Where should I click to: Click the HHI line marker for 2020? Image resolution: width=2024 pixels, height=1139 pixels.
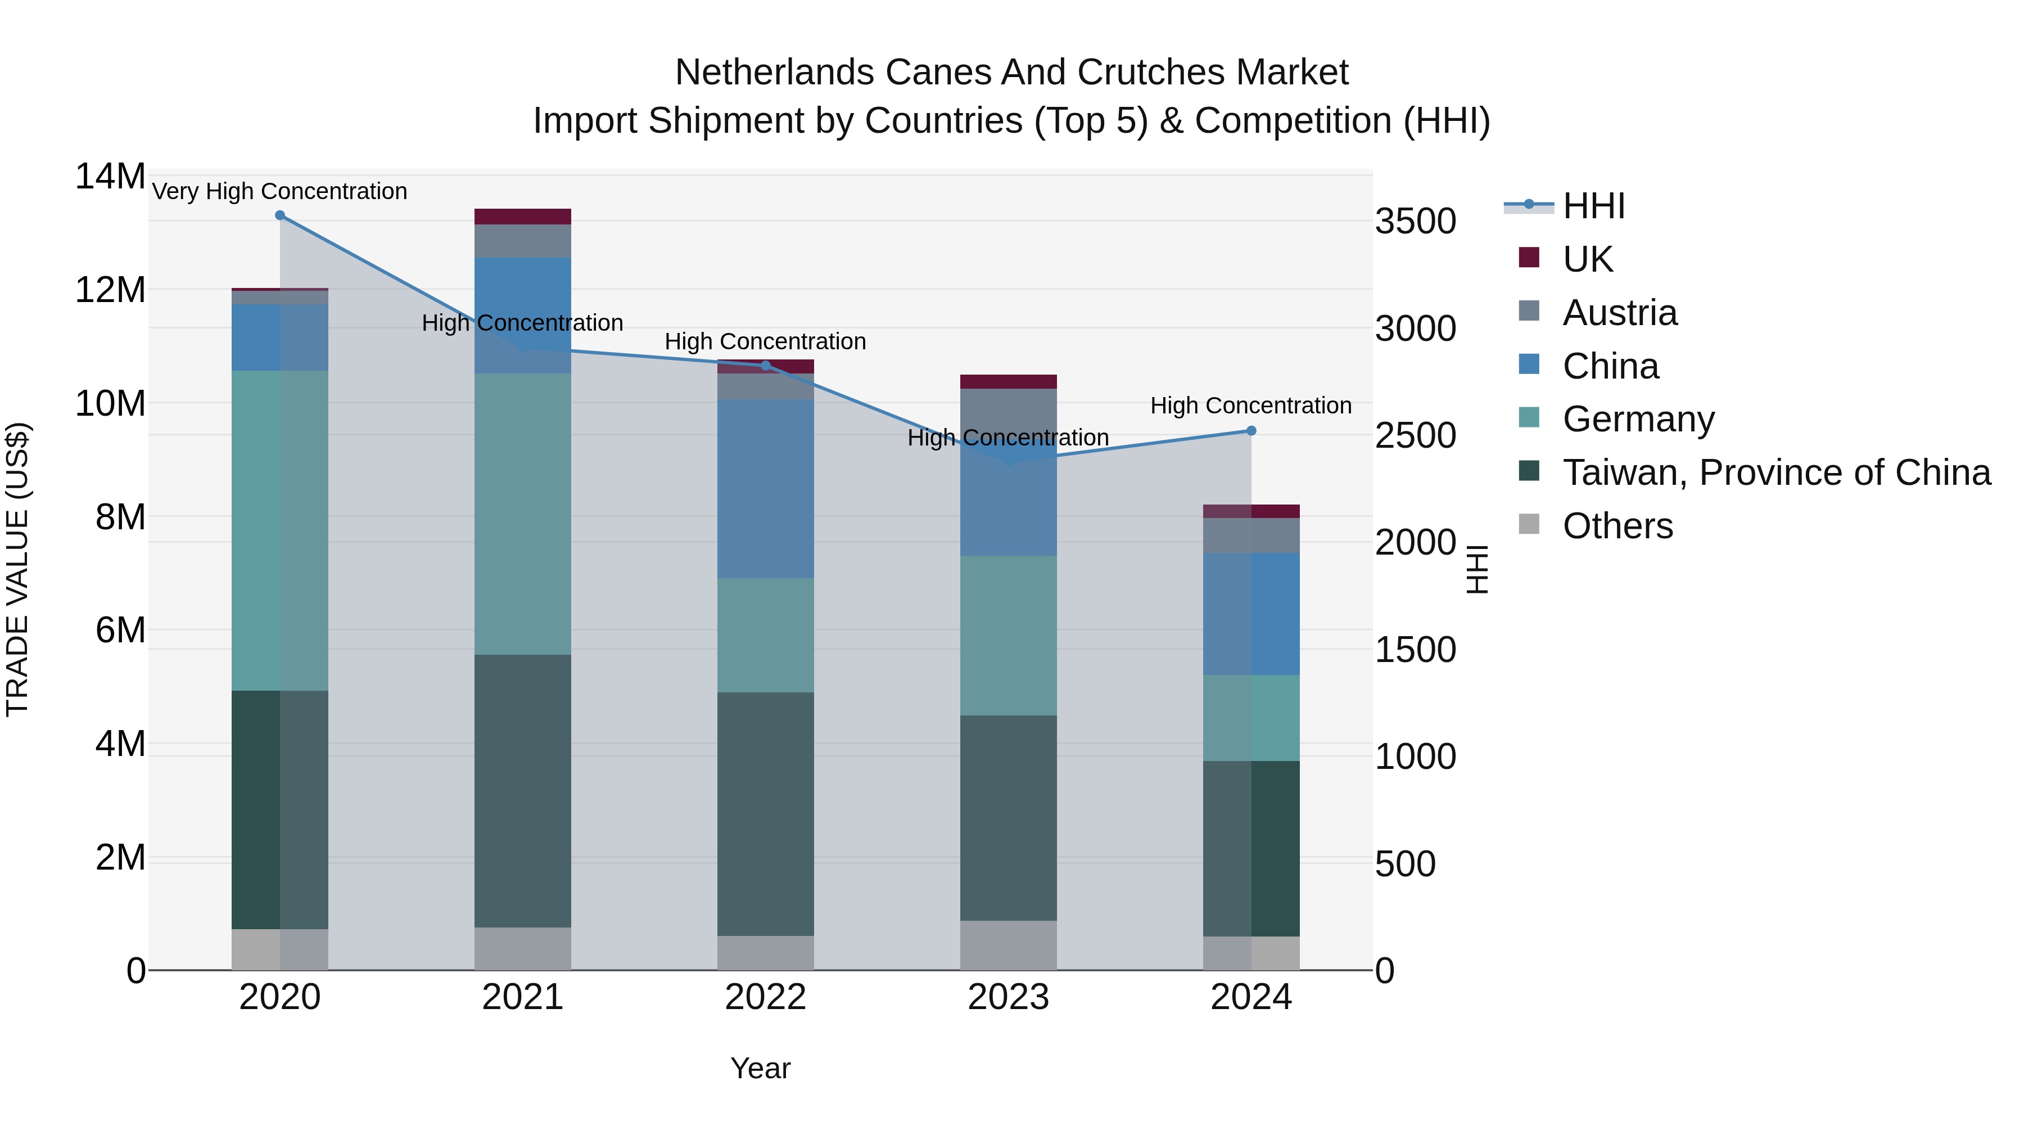(x=280, y=215)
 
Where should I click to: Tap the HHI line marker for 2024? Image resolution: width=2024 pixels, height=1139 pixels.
(x=1251, y=431)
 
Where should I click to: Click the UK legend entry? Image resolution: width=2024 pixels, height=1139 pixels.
(x=1587, y=259)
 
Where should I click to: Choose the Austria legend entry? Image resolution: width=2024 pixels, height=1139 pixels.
(x=1619, y=313)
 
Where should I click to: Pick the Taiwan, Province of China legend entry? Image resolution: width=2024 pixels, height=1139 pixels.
(x=1775, y=472)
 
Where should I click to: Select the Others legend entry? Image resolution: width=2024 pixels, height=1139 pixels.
(x=1617, y=526)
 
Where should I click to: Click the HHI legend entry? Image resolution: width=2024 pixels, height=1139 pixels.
(x=1593, y=206)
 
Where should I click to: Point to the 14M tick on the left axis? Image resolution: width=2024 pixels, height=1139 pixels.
(x=110, y=176)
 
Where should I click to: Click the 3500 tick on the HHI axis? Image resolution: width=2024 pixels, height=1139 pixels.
(x=1415, y=222)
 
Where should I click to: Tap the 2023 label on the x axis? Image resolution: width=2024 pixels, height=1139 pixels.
(x=1008, y=997)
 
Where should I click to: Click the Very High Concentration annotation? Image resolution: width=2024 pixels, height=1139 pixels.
(x=280, y=191)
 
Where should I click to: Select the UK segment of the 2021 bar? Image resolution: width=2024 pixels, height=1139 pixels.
(x=522, y=217)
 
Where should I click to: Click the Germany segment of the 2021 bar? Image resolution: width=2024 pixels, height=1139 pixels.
(x=522, y=514)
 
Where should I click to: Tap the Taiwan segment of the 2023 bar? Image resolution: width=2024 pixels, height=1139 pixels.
(x=1008, y=817)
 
